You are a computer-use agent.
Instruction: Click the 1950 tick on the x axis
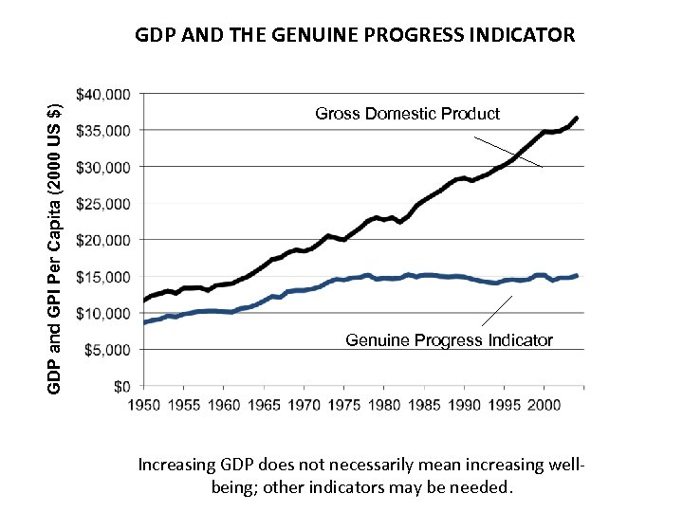[144, 404]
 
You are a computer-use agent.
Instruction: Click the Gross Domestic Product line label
[407, 114]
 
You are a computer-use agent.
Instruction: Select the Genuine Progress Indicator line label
[449, 339]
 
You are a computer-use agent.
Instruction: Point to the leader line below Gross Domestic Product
[508, 153]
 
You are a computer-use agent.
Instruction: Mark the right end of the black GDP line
[576, 119]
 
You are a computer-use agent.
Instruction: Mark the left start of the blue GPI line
[144, 322]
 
